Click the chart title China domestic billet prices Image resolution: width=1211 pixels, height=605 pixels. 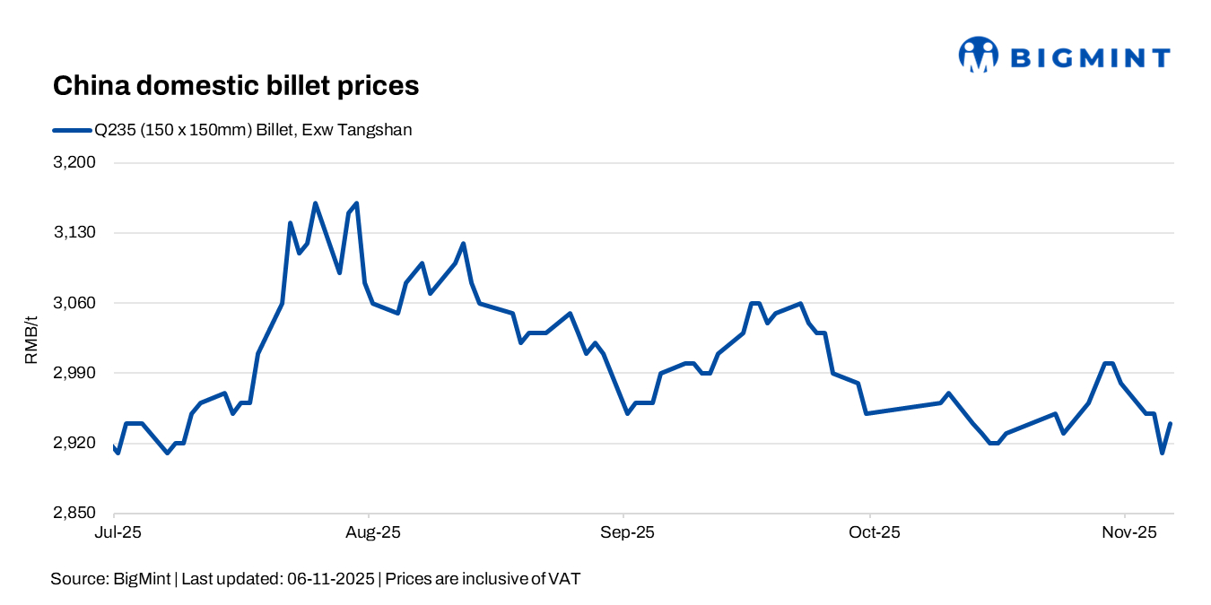point(236,86)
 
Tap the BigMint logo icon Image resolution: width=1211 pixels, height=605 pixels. point(978,55)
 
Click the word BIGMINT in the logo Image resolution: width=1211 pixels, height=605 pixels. point(1090,58)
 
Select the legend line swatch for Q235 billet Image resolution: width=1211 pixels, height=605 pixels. point(72,131)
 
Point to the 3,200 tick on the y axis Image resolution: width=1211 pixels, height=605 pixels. point(77,163)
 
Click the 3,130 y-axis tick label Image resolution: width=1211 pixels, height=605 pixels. point(77,233)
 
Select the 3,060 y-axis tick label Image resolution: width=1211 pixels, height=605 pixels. point(77,303)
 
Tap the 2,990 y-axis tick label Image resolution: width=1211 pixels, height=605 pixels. point(77,373)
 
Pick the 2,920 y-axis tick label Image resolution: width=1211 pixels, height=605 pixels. point(77,443)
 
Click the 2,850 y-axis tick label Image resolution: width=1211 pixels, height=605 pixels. point(77,513)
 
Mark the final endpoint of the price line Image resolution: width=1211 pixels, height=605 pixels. point(1171,423)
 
